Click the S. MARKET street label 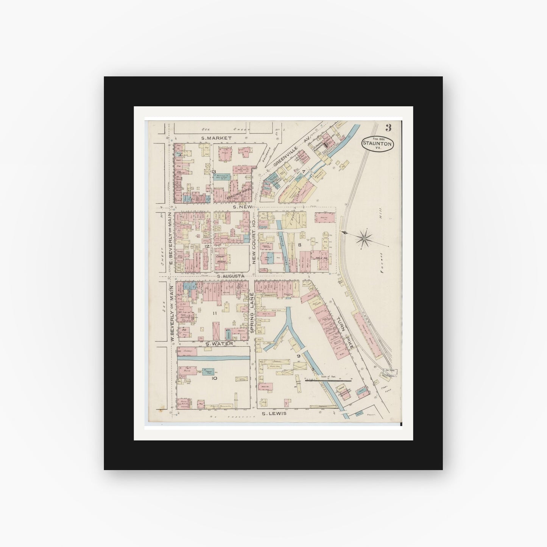click(x=216, y=138)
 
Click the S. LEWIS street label click(x=274, y=414)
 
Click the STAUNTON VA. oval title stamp click(x=377, y=143)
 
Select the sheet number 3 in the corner click(x=389, y=127)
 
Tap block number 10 click(x=214, y=378)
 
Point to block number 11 click(x=214, y=313)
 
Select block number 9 click(x=299, y=356)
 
